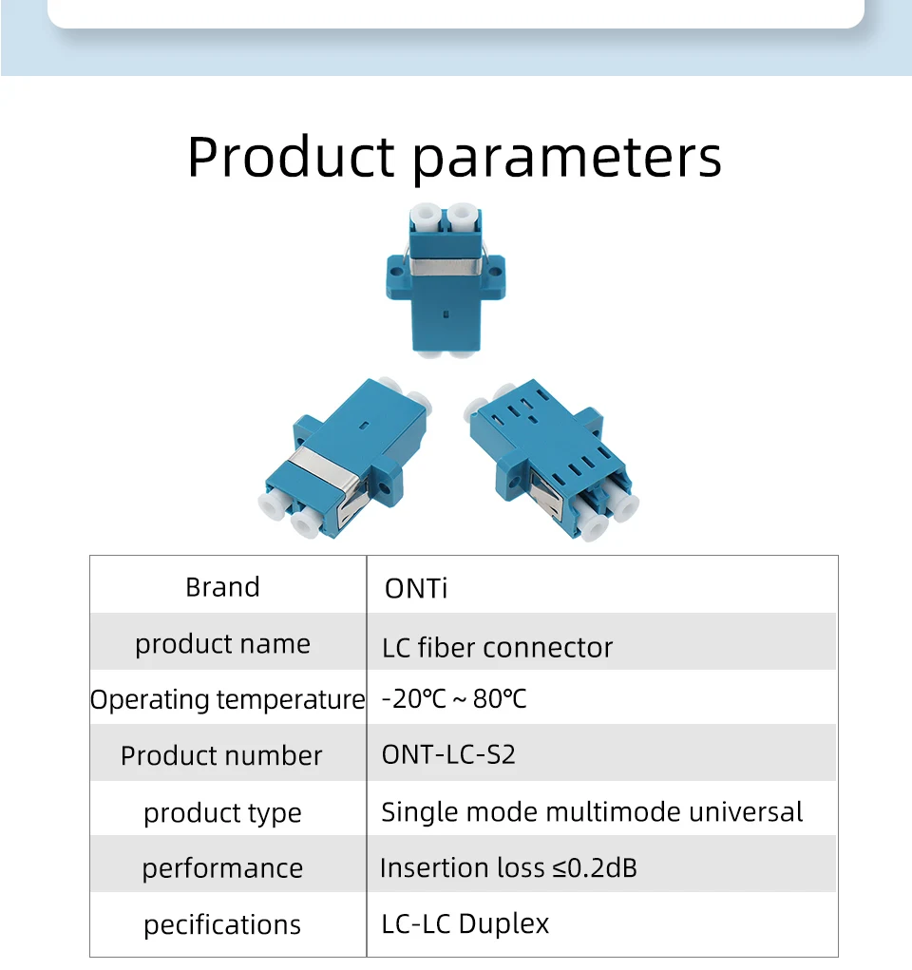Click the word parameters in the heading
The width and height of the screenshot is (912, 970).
(x=567, y=161)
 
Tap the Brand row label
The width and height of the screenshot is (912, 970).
(x=222, y=587)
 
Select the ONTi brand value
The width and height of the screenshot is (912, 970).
(x=416, y=588)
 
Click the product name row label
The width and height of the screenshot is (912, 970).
(x=222, y=644)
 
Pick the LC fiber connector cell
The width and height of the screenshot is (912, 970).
(x=498, y=648)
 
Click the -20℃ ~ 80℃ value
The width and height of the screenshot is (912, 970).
(x=454, y=699)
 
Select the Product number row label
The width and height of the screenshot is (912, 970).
(x=221, y=755)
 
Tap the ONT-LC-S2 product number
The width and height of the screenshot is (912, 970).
(x=448, y=754)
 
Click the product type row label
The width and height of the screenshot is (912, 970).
(x=222, y=813)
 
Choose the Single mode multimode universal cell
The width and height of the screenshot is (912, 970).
(x=592, y=812)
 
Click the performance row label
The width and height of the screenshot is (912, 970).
(x=222, y=869)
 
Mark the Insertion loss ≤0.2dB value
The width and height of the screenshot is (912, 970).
(x=508, y=868)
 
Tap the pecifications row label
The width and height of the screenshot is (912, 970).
(x=222, y=925)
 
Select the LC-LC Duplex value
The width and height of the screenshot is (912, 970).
(x=465, y=924)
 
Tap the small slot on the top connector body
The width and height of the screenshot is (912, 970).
(x=446, y=314)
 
